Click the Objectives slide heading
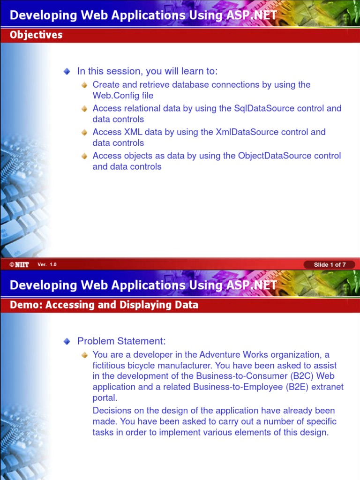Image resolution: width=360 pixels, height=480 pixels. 36,35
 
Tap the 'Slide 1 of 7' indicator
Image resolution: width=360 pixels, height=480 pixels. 330,265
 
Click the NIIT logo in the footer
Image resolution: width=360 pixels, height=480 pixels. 19,265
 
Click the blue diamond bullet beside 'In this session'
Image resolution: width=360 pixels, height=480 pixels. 67,71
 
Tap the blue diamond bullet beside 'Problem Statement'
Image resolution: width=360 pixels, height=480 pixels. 67,341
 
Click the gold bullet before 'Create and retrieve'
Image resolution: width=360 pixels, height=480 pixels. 84,85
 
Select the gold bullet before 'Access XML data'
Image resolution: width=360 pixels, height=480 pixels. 84,132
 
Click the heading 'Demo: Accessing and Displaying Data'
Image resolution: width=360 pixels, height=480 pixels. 104,305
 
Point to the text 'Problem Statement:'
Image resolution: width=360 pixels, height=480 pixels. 121,341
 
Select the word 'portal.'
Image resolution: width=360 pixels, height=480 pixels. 105,398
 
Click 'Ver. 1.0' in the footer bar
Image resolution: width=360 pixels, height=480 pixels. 47,265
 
